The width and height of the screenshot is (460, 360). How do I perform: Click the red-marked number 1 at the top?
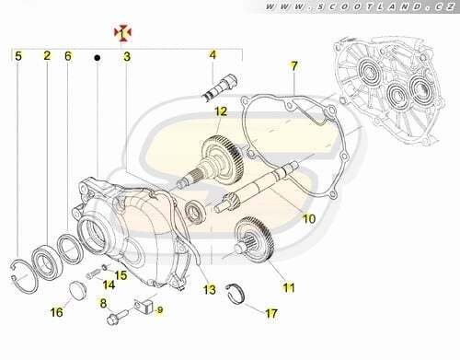pos(122,34)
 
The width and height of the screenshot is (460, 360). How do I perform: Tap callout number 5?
pos(18,56)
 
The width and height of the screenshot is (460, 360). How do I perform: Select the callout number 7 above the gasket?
pos(294,66)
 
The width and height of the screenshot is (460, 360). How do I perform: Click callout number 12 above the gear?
pos(221,111)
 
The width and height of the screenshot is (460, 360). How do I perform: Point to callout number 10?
pos(309,218)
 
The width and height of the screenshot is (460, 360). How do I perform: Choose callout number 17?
pos(271,314)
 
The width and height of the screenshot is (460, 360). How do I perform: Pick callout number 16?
pos(57,312)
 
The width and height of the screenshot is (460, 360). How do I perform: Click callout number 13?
pos(210,289)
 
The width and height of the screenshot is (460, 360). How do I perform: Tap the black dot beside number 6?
pos(98,58)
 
